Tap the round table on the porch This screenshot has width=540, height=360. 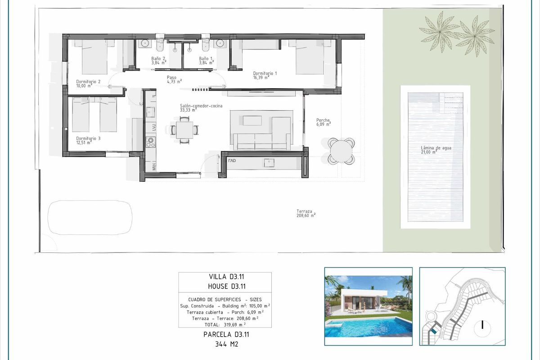coord(341,150)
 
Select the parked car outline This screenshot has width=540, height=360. coord(90,217)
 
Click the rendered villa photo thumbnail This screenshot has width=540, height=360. coord(368,306)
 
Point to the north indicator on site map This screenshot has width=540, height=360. coord(482,325)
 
